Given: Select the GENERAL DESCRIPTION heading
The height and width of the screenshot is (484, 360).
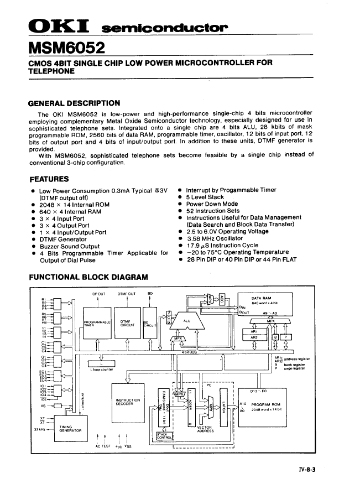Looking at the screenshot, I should pos(74,103).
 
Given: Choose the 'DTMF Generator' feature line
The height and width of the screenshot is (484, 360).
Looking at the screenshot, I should pos(63,240).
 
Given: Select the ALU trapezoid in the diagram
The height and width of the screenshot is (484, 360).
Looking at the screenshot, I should pos(187,320).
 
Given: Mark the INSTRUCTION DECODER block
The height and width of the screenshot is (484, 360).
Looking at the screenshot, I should pos(128,402).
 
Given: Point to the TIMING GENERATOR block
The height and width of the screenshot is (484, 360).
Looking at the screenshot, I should pos(70,428).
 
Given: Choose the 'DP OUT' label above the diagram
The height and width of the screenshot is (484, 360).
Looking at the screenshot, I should pos(98,293).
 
